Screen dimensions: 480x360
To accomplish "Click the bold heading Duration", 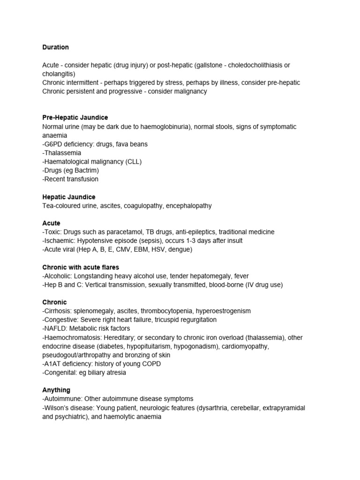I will (55, 47).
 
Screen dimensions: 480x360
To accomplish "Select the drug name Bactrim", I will (87, 170).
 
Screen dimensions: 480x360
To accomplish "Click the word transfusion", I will (82, 179).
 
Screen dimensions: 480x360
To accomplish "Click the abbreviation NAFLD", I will (55, 329).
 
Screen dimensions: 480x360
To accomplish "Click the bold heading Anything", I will (56, 390).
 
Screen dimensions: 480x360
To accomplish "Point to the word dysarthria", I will (215, 408).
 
